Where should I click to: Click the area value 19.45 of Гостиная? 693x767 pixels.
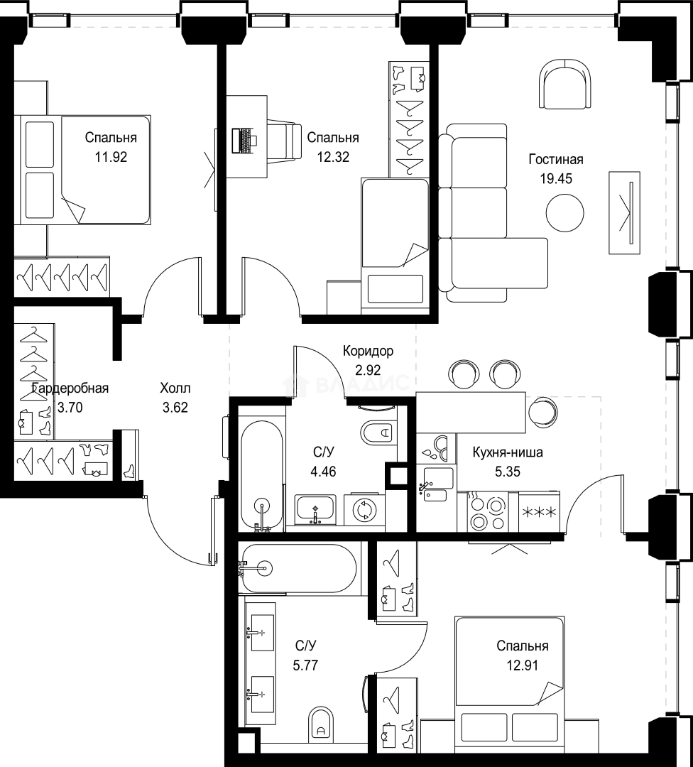click(555, 178)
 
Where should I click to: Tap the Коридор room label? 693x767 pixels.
click(368, 351)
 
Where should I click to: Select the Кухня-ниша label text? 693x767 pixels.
click(508, 452)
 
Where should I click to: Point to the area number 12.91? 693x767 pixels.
click(523, 665)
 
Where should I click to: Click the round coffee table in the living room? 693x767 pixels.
click(565, 213)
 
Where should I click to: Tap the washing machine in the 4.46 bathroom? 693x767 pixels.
click(364, 510)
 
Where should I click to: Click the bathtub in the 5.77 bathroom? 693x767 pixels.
click(300, 568)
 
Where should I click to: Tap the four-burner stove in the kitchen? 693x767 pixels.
click(486, 511)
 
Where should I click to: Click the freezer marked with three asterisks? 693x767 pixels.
click(539, 511)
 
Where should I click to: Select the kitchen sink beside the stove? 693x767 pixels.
click(436, 484)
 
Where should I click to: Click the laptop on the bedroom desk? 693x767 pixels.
click(244, 141)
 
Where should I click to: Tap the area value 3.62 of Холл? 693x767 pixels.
click(175, 408)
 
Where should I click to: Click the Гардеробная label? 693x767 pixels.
click(70, 388)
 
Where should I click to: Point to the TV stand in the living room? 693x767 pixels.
click(625, 213)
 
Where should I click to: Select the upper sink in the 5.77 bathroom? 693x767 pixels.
click(262, 633)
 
